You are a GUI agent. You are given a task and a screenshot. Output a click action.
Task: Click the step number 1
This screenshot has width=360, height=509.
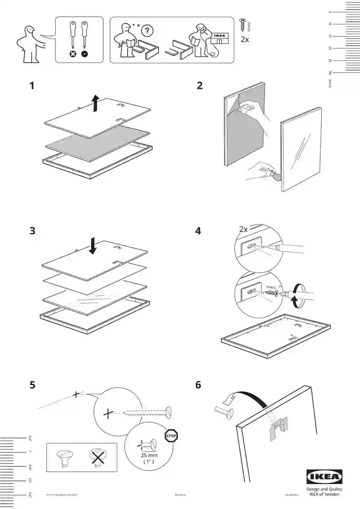tap(32, 87)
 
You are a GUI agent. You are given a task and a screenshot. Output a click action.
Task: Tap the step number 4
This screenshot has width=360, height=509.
tap(198, 231)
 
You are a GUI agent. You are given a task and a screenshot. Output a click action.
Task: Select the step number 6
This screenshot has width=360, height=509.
tap(198, 385)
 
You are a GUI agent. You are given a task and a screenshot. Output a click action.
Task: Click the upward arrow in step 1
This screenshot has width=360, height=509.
tap(96, 103)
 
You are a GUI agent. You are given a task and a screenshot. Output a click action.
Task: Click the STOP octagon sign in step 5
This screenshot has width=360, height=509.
tap(171, 436)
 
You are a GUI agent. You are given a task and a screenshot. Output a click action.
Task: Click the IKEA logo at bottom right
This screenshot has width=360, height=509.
tap(324, 477)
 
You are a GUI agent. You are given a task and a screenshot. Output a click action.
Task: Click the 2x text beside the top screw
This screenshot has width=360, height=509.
tap(244, 40)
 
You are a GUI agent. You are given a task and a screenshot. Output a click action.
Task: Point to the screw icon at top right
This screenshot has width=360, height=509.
tap(242, 24)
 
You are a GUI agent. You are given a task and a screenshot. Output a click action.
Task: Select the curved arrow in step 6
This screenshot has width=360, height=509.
tap(244, 398)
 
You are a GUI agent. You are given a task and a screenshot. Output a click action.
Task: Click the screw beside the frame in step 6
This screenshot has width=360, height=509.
tap(222, 411)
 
